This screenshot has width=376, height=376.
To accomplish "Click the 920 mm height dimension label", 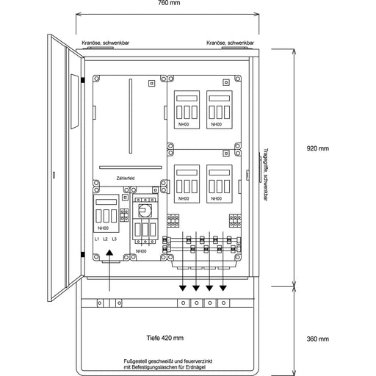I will [x=317, y=148].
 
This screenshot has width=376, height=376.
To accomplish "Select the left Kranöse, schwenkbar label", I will [x=106, y=43].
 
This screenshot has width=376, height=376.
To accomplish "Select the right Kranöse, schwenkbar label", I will [x=231, y=43].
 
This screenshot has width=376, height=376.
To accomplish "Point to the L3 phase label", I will [x=115, y=239].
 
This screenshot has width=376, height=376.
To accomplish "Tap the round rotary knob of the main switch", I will [x=145, y=211].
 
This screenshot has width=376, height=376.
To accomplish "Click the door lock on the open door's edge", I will [x=54, y=174].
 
